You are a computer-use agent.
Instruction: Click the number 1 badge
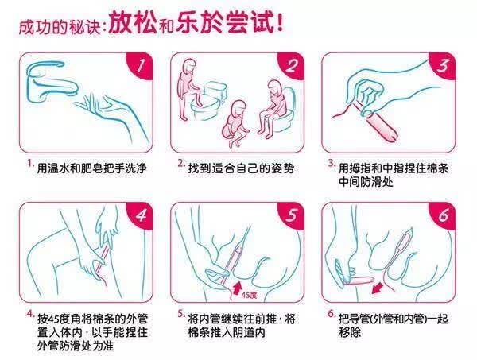141,65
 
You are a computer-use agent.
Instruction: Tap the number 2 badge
292,65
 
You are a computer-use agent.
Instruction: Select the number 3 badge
443,65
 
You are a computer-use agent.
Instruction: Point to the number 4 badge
141,215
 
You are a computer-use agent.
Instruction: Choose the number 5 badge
292,215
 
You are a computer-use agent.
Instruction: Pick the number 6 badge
443,215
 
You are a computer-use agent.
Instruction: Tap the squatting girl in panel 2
235,123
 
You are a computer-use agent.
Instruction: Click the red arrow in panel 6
378,288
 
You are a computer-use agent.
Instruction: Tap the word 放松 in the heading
133,23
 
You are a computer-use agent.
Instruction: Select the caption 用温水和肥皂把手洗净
92,168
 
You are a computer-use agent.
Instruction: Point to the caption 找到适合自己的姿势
241,168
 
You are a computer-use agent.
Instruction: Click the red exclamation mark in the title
280,21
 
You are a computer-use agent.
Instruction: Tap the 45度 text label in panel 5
249,295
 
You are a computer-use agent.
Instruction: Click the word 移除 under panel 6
350,333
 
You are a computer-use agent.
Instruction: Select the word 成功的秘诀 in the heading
60,27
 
